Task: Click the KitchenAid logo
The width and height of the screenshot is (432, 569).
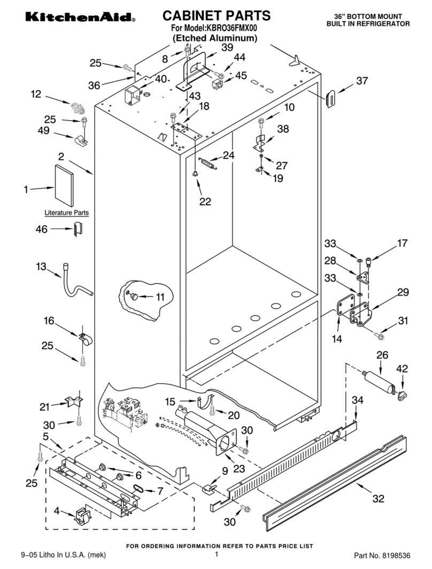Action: click(x=80, y=17)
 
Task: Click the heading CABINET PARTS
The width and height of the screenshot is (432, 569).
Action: click(x=217, y=15)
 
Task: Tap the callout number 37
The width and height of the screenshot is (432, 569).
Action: click(x=362, y=81)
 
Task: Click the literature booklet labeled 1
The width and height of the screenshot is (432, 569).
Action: click(x=64, y=185)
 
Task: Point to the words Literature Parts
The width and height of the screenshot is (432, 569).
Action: click(x=66, y=213)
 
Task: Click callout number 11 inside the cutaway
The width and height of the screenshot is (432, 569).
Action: click(x=160, y=297)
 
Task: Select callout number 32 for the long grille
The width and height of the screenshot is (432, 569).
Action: click(x=379, y=498)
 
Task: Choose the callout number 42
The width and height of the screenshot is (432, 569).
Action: click(x=402, y=368)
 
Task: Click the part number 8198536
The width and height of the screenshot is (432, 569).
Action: click(x=397, y=555)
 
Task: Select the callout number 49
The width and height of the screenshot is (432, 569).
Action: click(x=43, y=130)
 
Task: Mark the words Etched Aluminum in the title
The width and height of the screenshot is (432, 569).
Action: click(x=215, y=38)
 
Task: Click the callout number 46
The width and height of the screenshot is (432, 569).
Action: click(x=41, y=229)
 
